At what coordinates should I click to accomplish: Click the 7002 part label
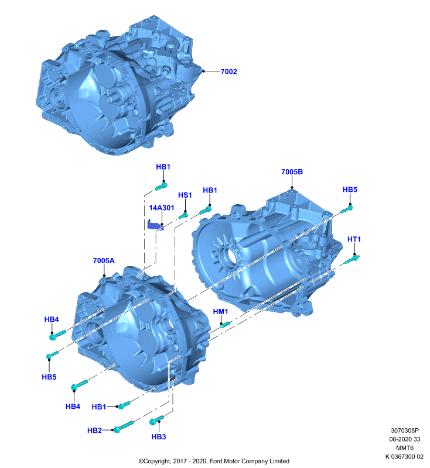tap(228, 71)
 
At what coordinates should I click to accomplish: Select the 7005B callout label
tap(292, 172)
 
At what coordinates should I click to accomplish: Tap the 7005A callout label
tap(104, 261)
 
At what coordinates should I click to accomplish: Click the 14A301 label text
tap(161, 208)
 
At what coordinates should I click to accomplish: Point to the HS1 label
tap(185, 195)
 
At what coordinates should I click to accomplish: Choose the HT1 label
tap(354, 239)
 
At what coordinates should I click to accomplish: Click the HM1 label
tap(220, 312)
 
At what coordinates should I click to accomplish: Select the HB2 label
tap(94, 431)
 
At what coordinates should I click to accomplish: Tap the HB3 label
tap(159, 437)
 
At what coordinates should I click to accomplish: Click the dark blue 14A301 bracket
tap(155, 225)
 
